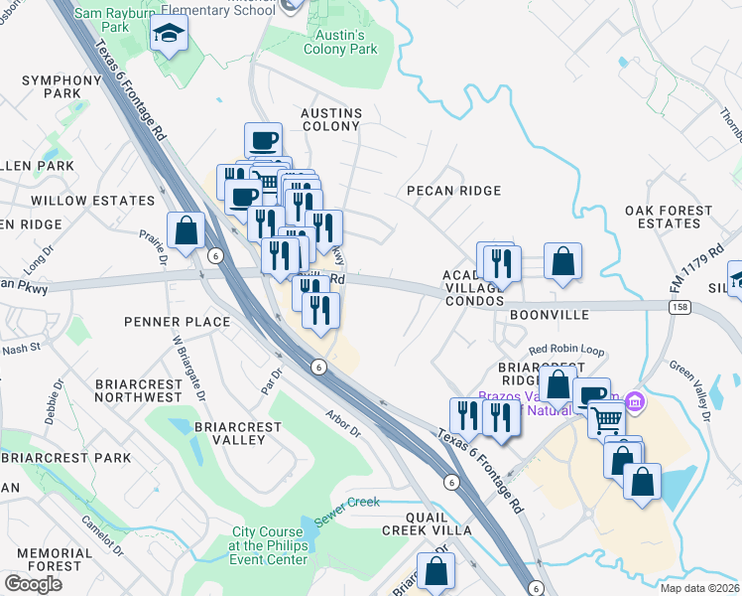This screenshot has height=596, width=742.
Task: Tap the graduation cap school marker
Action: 170,35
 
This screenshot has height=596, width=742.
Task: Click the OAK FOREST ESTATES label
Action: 669,218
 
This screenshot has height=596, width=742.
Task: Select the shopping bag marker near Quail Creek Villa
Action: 435,572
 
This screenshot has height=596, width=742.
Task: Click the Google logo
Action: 33,583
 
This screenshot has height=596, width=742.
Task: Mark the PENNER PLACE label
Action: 178,322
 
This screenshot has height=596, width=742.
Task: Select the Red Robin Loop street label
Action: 566,350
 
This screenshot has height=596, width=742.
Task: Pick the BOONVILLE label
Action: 550,314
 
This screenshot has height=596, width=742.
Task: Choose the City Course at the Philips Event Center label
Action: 268,545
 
